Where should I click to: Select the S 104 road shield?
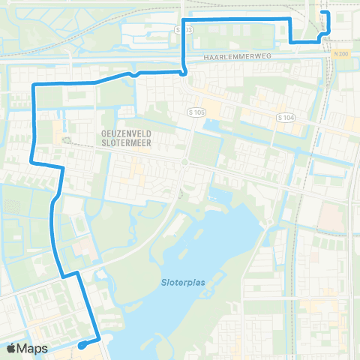tap(285, 118)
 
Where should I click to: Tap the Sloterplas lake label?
tap(183, 283)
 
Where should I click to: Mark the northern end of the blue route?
tap(322, 13)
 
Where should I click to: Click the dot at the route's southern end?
tap(80, 346)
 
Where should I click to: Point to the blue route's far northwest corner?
tap(34, 86)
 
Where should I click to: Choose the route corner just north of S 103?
tap(184, 17)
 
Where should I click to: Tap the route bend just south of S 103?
tap(184, 72)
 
